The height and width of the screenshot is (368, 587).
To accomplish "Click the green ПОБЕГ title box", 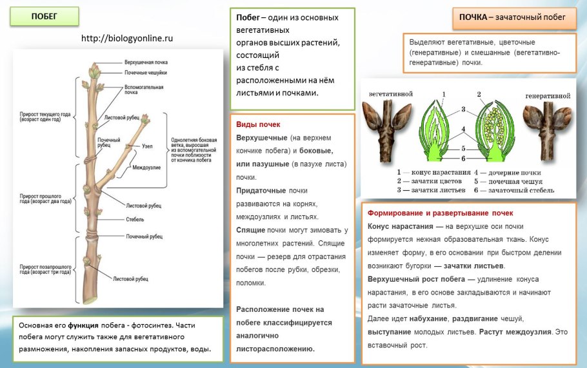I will pyautogui.click(x=44, y=16).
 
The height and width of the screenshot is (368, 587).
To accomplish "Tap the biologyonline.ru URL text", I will pyautogui.click(x=127, y=39).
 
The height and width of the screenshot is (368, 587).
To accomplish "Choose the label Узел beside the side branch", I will pyautogui.click(x=148, y=146).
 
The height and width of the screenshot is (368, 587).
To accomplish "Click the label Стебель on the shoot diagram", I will pyautogui.click(x=135, y=220).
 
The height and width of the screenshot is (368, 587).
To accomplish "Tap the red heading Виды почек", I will pyautogui.click(x=258, y=124).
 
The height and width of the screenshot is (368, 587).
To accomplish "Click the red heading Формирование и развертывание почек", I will pyautogui.click(x=441, y=213).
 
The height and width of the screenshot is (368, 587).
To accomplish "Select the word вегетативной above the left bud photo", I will pyautogui.click(x=390, y=94).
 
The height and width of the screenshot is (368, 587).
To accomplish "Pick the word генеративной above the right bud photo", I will pyautogui.click(x=548, y=95).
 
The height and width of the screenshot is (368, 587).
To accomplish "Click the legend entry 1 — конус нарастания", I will pyautogui.click(x=430, y=173).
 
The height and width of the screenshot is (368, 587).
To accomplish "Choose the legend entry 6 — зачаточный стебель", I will pyautogui.click(x=508, y=191).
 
